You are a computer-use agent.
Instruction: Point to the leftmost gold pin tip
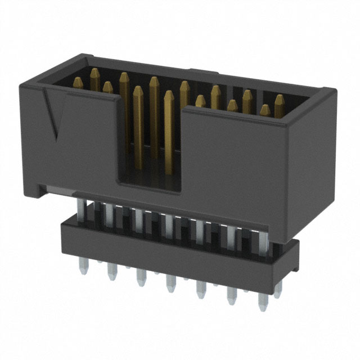(x=94, y=73)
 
